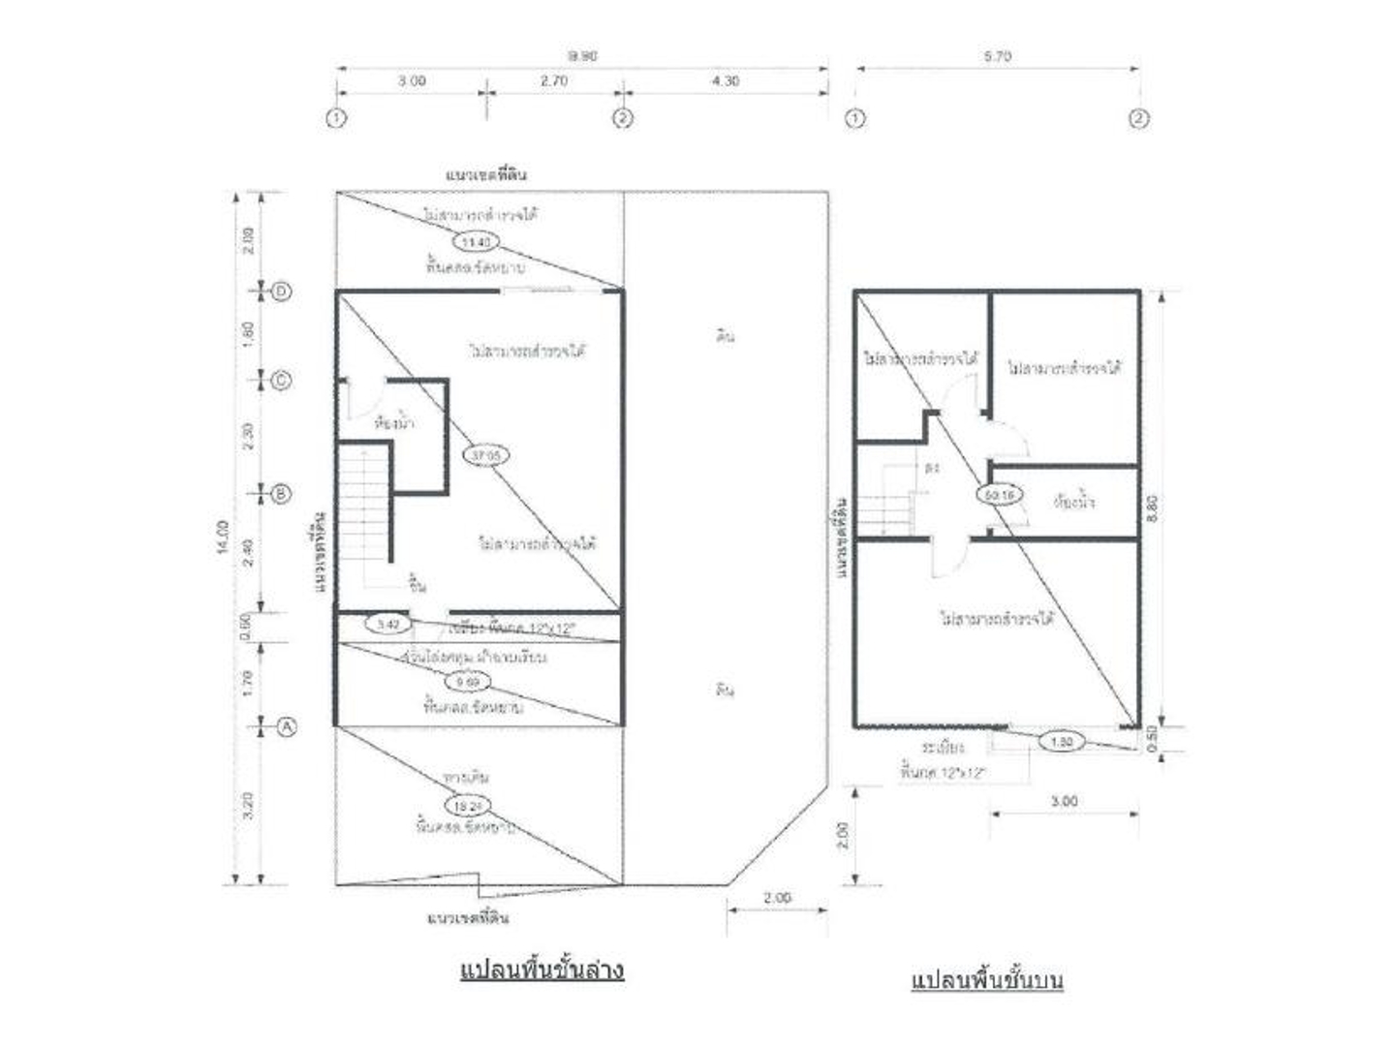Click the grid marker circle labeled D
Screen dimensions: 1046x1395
pos(282,291)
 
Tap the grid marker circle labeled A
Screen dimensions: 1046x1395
pos(287,725)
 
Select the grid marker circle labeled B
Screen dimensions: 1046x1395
pos(280,494)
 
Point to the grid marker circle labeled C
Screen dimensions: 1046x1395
pos(281,381)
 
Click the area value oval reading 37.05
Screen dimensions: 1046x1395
pos(487,455)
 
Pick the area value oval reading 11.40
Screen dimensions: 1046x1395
pos(476,241)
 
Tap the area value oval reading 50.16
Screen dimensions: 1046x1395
pos(999,494)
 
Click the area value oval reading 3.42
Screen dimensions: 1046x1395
pos(387,624)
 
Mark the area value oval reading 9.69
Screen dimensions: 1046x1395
pos(467,682)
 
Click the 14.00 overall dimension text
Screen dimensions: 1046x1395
pos(224,538)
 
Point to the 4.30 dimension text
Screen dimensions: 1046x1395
pos(725,81)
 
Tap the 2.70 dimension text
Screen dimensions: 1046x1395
pos(554,81)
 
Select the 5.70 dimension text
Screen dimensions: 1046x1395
pos(997,57)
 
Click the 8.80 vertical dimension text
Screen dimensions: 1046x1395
pos(1152,508)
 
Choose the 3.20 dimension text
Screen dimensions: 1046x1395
pos(248,804)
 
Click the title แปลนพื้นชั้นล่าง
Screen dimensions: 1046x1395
pos(542,969)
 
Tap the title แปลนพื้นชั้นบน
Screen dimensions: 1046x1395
pos(987,979)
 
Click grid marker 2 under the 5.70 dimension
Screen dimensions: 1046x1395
pos(1139,119)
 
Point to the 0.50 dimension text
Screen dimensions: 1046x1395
pos(1152,741)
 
